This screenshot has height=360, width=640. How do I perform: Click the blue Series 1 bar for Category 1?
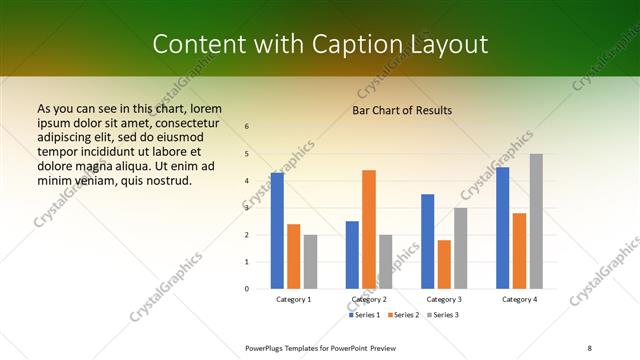(x=277, y=231)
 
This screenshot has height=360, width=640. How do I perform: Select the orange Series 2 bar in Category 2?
(x=369, y=229)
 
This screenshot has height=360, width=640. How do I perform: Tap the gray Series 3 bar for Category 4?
(x=536, y=221)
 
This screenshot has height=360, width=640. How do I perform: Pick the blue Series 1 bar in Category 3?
(x=428, y=241)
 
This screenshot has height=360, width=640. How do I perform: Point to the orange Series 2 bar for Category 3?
(x=444, y=264)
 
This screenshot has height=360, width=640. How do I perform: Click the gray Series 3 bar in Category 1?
(x=310, y=262)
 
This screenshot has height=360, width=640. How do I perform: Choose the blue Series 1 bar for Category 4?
(x=503, y=228)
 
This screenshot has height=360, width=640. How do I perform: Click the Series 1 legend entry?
(x=365, y=315)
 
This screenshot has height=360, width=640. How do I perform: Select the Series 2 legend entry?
(x=402, y=315)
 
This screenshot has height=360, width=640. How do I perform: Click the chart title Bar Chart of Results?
(x=402, y=110)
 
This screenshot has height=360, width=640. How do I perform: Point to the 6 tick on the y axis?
(x=247, y=127)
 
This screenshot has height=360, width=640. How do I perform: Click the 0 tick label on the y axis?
(x=247, y=289)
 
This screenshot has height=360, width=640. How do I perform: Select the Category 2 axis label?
(x=369, y=300)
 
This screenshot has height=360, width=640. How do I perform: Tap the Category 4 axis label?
(x=519, y=300)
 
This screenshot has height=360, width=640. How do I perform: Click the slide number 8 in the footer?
(x=589, y=347)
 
